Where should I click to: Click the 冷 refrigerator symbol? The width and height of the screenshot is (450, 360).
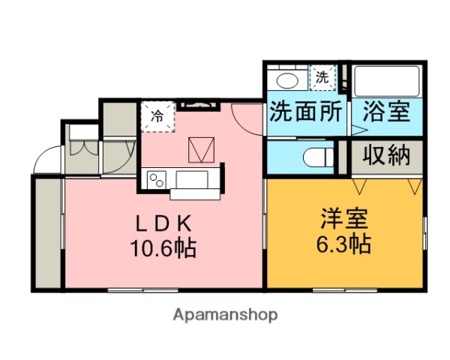157,115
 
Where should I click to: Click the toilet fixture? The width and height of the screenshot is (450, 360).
319,157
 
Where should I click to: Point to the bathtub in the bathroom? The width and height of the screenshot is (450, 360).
387,79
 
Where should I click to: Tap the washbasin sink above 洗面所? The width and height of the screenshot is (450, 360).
287,79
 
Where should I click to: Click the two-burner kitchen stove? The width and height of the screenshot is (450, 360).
158,180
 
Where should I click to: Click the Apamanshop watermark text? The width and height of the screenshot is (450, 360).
225,315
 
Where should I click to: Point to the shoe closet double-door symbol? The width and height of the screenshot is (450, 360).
83,146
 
